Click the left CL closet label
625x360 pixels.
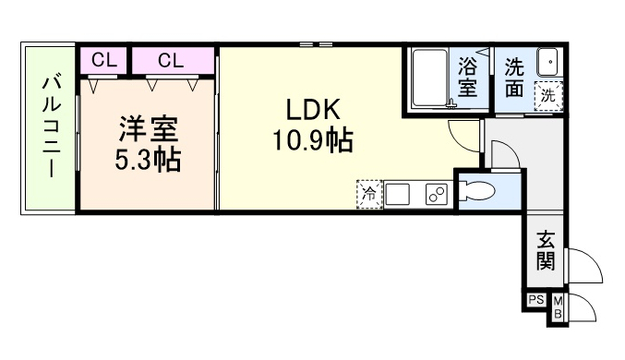click(103, 60)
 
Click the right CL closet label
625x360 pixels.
click(170, 60)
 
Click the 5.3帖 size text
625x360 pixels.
click(147, 160)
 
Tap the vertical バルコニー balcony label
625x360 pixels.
click(49, 128)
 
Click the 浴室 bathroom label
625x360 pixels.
click(468, 78)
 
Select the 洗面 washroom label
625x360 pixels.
click(515, 78)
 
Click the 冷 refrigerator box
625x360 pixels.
click(368, 195)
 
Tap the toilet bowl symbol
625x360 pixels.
click(481, 192)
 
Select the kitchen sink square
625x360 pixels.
click(399, 195)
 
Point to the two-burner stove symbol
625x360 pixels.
click(436, 195)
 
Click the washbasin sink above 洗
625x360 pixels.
click(548, 63)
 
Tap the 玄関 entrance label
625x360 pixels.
click(545, 250)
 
